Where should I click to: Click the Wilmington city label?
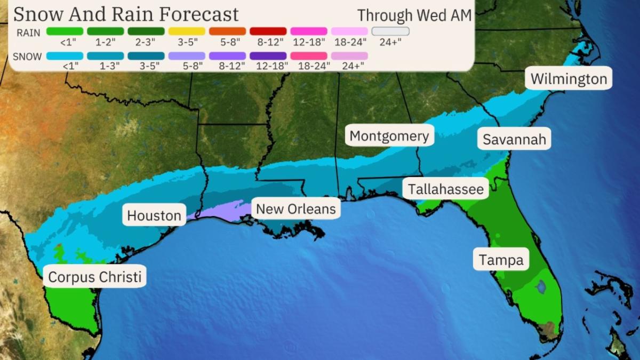click(569, 79)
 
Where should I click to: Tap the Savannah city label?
click(514, 139)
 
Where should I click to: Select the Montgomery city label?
click(389, 136)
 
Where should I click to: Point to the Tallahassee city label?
click(446, 189)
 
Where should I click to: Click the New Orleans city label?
click(296, 208)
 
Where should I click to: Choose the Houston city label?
click(154, 215)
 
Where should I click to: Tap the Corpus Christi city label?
click(95, 277)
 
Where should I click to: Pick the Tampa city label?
click(501, 260)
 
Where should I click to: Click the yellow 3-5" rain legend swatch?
click(187, 31)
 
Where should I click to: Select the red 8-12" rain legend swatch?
click(268, 31)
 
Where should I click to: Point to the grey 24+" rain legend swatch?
click(390, 31)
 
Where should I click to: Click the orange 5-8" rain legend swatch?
click(227, 31)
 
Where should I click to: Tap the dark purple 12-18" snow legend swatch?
click(268, 55)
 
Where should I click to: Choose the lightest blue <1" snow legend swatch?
click(65, 55)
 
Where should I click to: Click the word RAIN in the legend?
click(28, 33)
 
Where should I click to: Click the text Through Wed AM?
click(414, 15)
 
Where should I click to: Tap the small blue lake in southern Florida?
click(541, 287)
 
